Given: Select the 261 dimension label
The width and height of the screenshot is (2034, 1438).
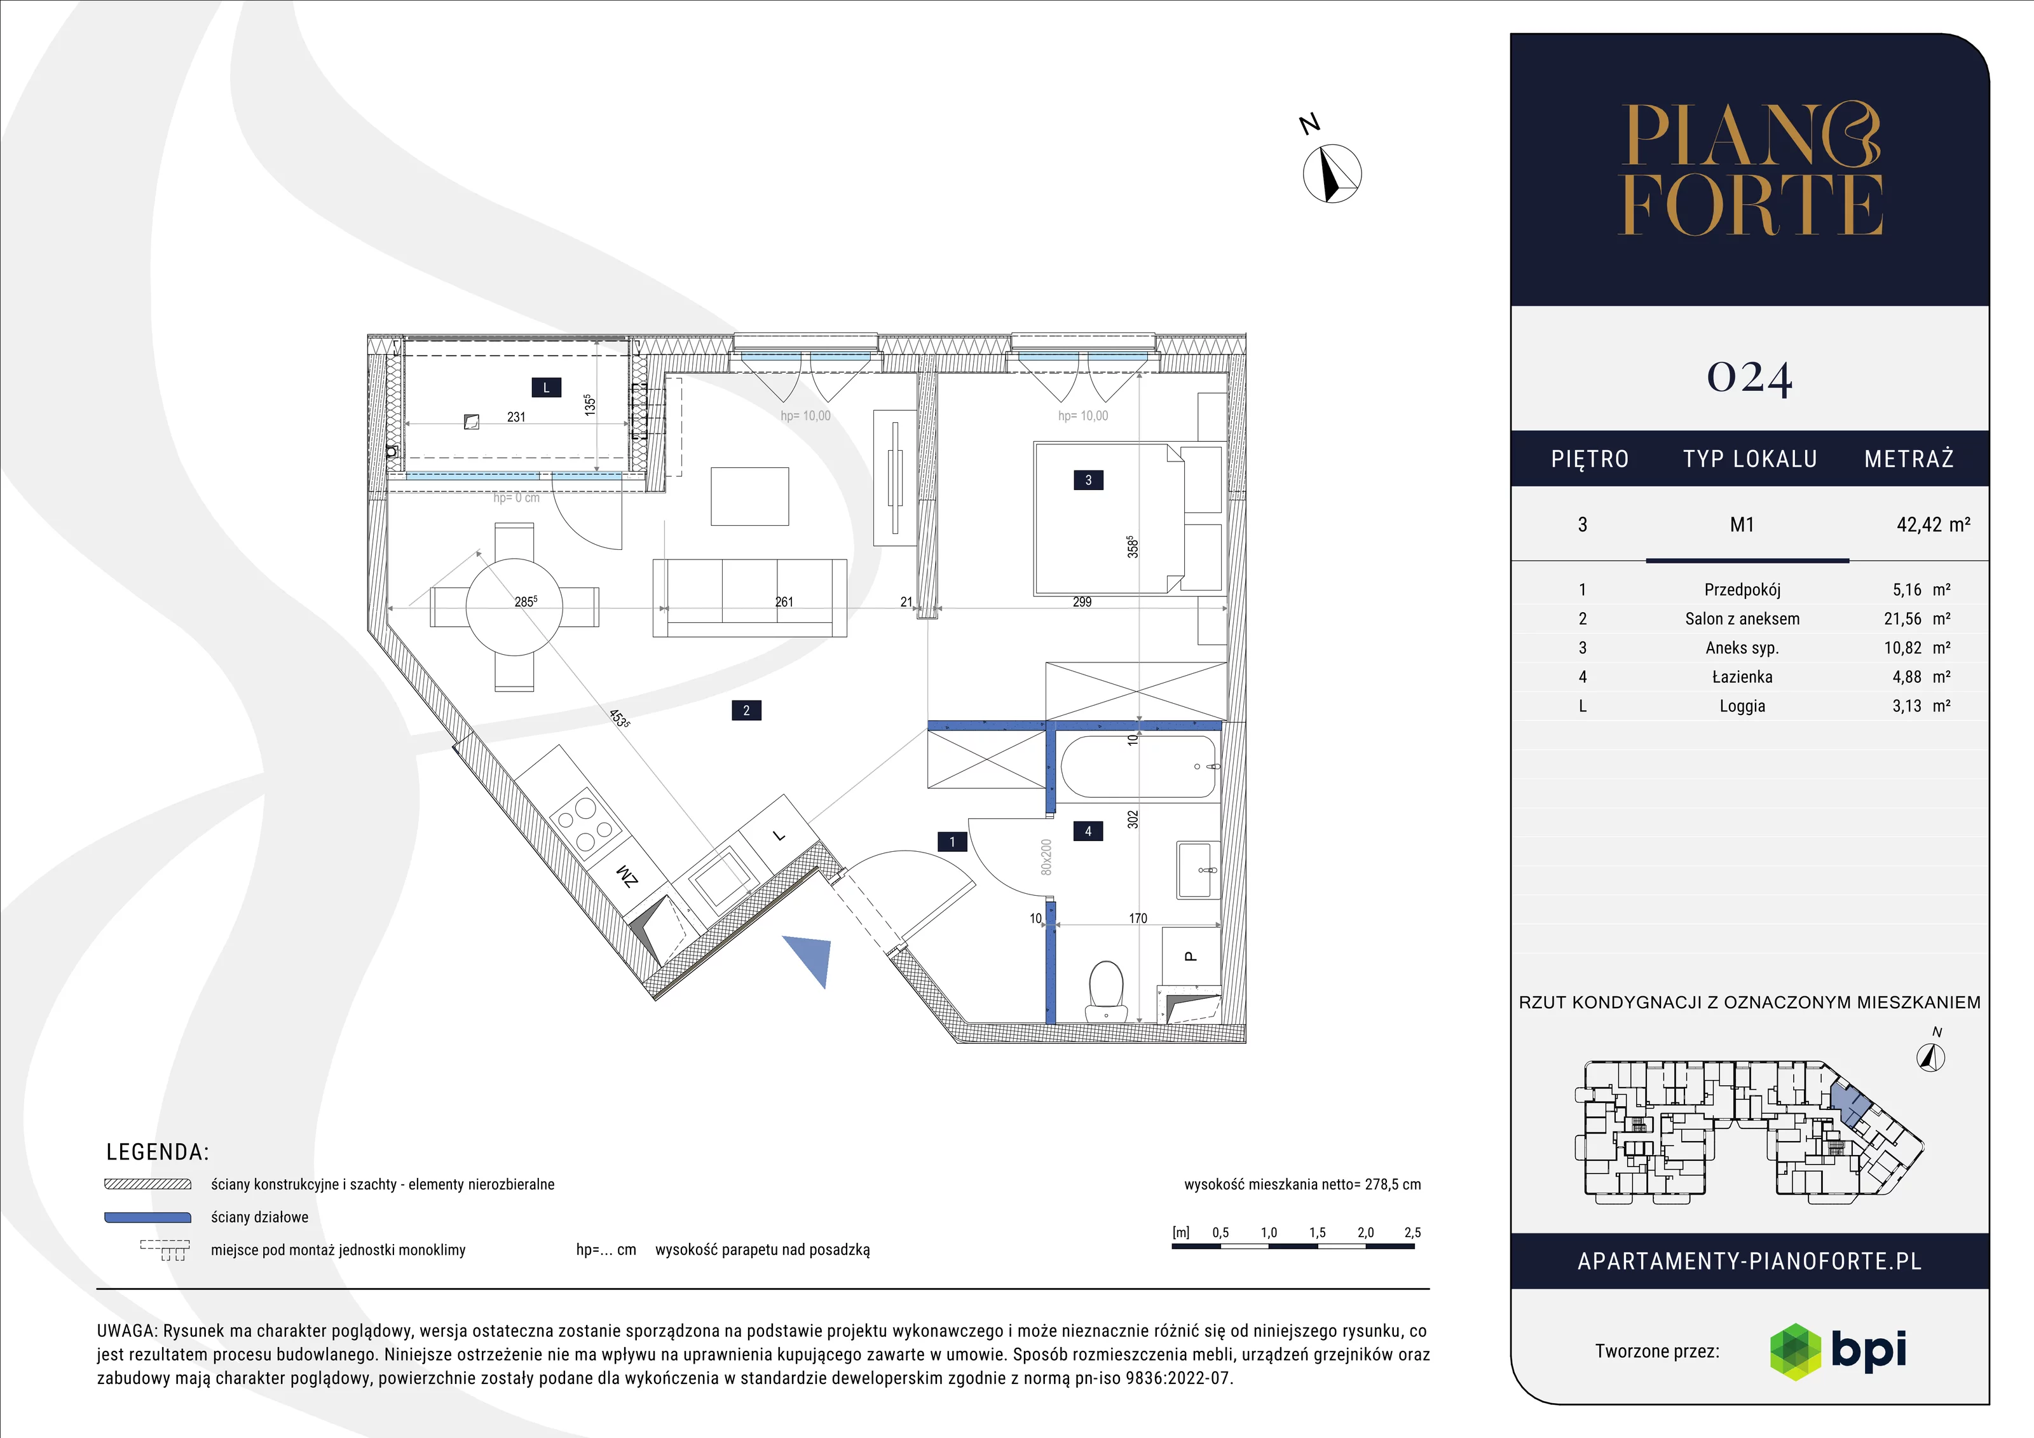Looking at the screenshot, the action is [784, 601].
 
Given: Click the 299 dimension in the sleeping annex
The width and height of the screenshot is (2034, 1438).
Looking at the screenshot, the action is [1082, 601].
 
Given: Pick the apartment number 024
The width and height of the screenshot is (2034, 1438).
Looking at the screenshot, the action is [1750, 378].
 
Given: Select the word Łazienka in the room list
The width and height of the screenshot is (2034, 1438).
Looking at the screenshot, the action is [1742, 677].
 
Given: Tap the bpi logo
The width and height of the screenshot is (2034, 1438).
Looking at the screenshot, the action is [1838, 1351].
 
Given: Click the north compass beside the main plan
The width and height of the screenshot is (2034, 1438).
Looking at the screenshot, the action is [1332, 173].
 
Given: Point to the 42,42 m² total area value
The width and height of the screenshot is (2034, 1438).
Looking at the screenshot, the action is [1933, 524].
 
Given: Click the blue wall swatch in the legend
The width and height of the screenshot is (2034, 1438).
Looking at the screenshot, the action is [148, 1217].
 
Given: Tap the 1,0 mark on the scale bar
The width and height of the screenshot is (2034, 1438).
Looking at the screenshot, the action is [1269, 1233].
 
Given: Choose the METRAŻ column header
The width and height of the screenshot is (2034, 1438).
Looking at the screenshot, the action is [1908, 459].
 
